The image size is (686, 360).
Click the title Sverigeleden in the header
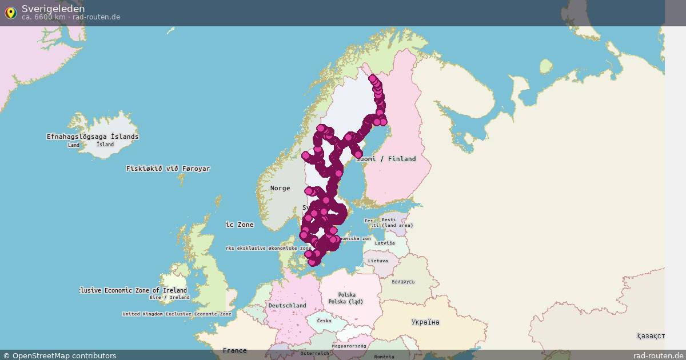click(x=53, y=9)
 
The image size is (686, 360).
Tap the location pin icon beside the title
click(x=10, y=13)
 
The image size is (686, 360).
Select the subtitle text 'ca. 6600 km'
click(x=43, y=17)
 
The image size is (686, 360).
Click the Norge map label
click(x=280, y=188)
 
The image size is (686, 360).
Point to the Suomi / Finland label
click(x=386, y=159)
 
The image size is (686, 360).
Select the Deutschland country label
click(x=287, y=306)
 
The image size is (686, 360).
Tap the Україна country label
click(x=425, y=322)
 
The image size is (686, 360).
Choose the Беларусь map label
click(x=403, y=282)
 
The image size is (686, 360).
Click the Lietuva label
click(x=378, y=261)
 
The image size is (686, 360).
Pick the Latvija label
click(x=385, y=243)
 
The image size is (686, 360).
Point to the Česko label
click(x=324, y=321)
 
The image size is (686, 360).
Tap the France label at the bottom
click(x=235, y=350)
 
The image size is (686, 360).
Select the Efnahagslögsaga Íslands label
click(x=93, y=137)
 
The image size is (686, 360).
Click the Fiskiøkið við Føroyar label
click(x=168, y=169)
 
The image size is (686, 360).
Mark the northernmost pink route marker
click(x=373, y=79)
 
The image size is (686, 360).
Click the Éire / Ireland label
click(x=169, y=297)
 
